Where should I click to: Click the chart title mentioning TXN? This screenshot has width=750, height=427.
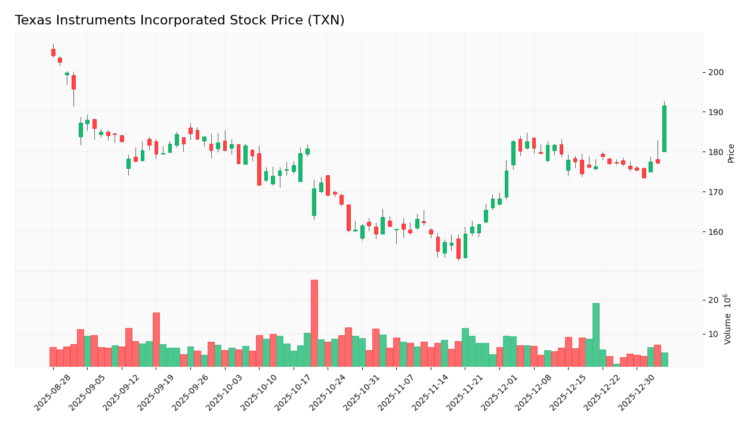[180, 21]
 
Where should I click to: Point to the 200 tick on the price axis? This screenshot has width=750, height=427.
[715, 72]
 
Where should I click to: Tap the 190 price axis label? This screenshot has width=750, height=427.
[715, 112]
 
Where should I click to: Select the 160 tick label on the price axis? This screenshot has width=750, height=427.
[715, 232]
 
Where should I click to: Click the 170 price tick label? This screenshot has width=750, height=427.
[715, 192]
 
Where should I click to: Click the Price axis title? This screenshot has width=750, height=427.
[732, 153]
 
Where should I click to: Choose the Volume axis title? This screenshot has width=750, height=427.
[729, 319]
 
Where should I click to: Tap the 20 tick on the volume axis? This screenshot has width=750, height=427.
[713, 300]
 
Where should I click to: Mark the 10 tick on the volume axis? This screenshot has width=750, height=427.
[713, 334]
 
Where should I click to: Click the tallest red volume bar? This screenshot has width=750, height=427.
[314, 323]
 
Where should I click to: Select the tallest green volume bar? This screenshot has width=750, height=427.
[596, 335]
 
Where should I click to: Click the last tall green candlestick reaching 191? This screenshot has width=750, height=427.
[664, 129]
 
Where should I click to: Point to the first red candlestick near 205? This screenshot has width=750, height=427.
[53, 52]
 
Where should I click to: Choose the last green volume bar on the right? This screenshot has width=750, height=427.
[664, 360]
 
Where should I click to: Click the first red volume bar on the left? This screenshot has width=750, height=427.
[53, 357]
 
